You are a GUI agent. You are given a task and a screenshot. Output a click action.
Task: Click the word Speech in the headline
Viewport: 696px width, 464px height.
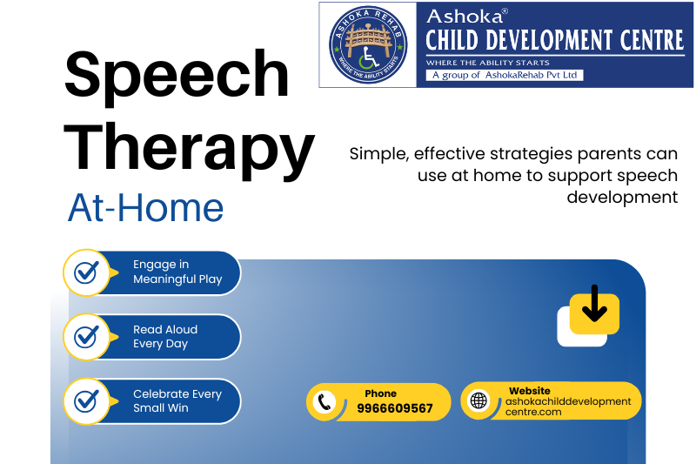point(177,77)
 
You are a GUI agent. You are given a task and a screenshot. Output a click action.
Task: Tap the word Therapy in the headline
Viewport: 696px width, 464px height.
point(189,151)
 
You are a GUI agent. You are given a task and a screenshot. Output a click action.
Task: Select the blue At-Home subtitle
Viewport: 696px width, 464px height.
point(145,207)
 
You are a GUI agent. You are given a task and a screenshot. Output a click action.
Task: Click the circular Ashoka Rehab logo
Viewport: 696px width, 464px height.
point(368,45)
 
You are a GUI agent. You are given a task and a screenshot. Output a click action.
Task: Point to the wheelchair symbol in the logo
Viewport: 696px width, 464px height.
point(368,57)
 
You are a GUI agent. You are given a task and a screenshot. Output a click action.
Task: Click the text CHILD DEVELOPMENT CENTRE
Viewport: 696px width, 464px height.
point(555,40)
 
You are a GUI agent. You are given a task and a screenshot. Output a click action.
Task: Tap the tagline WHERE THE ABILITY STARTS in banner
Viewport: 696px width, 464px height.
point(488,63)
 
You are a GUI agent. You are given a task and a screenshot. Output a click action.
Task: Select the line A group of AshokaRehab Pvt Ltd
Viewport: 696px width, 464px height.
point(505,75)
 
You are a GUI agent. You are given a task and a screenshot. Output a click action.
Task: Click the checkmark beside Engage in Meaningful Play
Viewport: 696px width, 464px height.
point(86,272)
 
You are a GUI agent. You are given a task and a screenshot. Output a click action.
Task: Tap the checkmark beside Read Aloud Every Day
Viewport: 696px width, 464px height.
point(86,336)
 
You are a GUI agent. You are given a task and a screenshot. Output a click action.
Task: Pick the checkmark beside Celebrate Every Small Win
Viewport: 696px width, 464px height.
point(86,400)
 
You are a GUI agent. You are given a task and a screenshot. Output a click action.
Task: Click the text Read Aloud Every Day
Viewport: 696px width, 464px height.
point(165,337)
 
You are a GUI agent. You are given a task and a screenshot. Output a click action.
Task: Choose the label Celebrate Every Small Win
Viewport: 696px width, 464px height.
point(177,401)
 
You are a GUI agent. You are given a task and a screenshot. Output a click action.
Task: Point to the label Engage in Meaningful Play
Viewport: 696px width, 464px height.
point(177,272)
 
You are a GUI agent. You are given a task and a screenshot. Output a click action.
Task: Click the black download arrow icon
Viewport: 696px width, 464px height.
point(594,303)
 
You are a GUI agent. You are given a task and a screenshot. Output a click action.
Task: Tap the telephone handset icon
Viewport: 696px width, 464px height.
point(325,402)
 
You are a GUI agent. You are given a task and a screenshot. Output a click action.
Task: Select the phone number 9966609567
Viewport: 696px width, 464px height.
point(395,408)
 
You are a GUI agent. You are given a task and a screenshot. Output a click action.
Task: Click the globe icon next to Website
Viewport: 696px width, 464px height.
point(478,400)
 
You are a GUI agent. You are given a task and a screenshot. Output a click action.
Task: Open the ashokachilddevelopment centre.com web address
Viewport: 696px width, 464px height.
point(568,407)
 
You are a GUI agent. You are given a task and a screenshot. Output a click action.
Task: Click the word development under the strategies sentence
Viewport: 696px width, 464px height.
point(622,197)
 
